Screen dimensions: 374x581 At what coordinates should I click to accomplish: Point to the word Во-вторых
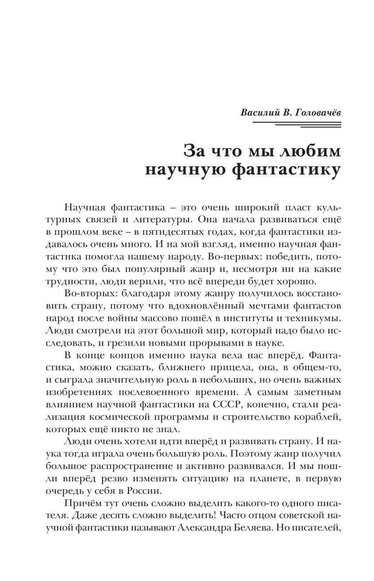point(85,294)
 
